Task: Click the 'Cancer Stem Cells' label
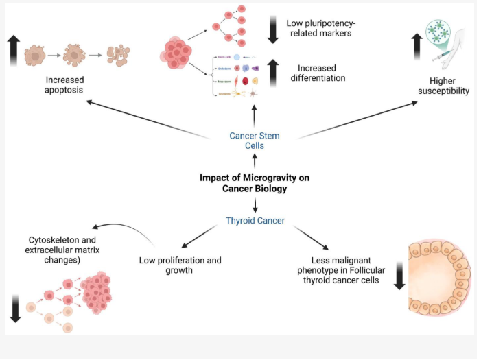tap(255, 141)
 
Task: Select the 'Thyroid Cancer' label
tap(255, 221)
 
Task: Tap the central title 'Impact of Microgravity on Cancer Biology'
tap(255, 183)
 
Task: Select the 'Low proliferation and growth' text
tap(180, 265)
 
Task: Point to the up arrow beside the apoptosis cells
tap(12, 51)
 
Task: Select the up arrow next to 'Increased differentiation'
tap(272, 73)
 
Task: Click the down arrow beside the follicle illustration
tap(399, 277)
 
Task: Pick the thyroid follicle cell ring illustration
tap(438, 278)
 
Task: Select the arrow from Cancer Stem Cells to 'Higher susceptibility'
tap(357, 119)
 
